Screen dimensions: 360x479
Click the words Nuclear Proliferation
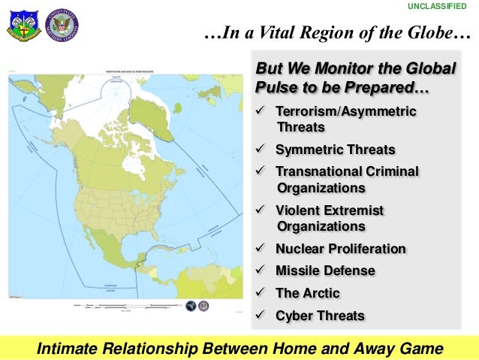[341, 249]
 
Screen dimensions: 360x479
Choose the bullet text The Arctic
[308, 293]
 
